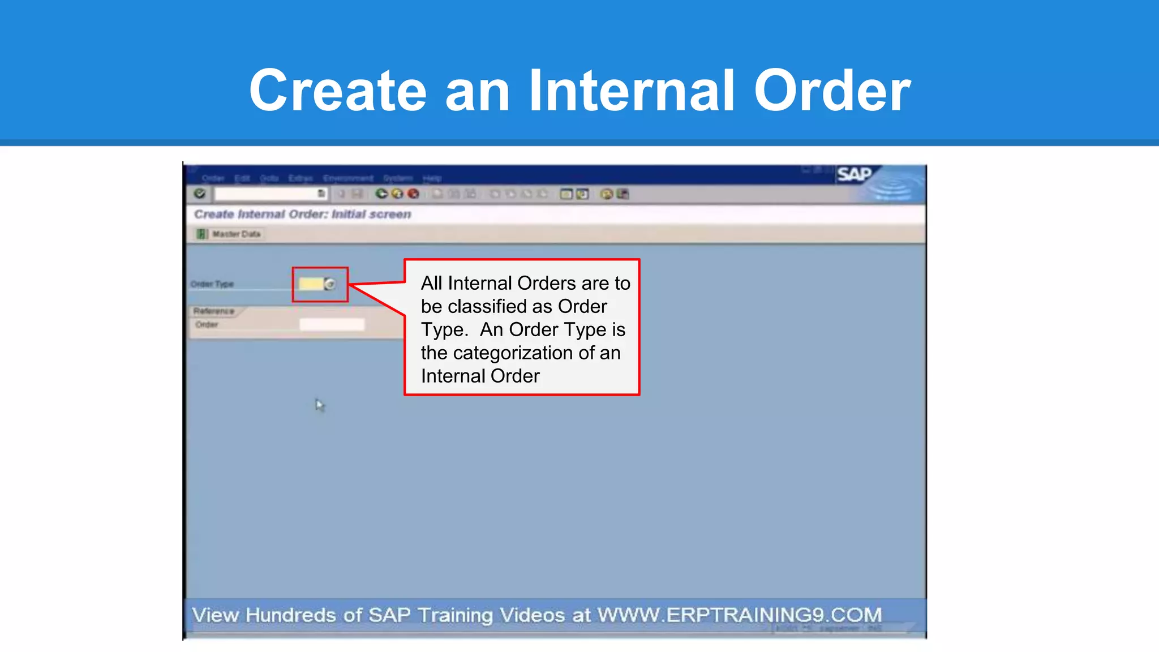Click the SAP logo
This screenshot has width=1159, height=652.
pos(854,174)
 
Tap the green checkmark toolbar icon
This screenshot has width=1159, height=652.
pos(200,194)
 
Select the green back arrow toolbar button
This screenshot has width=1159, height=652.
pos(381,194)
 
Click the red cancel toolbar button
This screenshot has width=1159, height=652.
pos(414,194)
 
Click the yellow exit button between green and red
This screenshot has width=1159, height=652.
pos(397,194)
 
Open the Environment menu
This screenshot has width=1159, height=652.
pos(348,178)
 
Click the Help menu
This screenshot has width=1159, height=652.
pos(432,178)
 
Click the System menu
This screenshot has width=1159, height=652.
pos(398,178)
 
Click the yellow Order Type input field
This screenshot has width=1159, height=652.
pos(311,284)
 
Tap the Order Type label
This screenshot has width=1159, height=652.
pos(212,284)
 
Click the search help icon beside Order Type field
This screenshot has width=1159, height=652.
pos(330,284)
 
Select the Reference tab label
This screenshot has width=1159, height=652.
pos(214,311)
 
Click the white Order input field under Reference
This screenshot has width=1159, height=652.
pos(332,325)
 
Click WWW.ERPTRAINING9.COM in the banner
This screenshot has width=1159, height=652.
pos(739,615)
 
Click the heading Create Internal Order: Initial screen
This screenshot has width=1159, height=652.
pos(302,215)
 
